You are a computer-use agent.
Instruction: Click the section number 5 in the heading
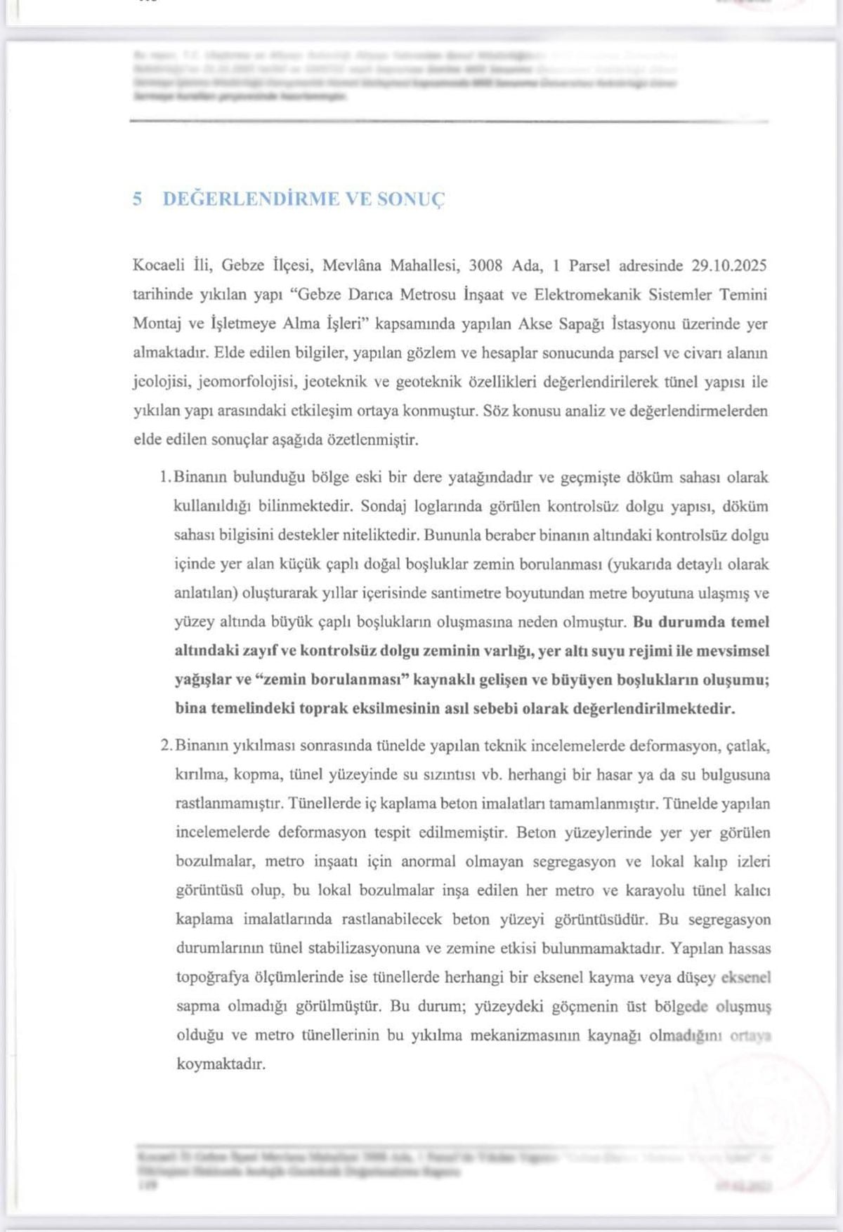(x=138, y=199)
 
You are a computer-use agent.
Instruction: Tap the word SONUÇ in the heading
(x=411, y=199)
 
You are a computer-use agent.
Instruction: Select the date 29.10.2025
(x=728, y=266)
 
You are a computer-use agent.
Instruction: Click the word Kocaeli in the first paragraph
(x=159, y=266)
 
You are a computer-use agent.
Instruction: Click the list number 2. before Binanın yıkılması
(x=166, y=746)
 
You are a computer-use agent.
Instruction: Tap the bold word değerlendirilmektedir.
(x=654, y=709)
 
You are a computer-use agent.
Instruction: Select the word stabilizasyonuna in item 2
(x=360, y=949)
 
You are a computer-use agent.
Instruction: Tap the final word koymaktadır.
(x=221, y=1064)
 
